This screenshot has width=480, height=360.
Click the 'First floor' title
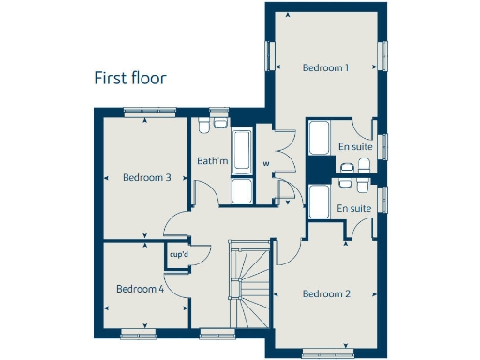(x=130, y=78)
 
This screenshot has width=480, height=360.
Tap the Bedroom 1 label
(x=325, y=67)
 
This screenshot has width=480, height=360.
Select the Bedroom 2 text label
(x=326, y=293)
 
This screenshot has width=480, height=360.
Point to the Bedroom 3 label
(x=146, y=178)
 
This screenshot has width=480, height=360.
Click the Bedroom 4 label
(x=140, y=289)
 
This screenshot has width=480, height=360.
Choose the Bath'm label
(x=212, y=161)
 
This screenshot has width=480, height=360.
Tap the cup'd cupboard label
(x=177, y=253)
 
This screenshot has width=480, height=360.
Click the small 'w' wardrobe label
(x=266, y=164)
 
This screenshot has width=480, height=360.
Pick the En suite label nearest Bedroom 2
(x=352, y=207)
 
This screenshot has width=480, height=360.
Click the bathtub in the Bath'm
(x=241, y=152)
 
